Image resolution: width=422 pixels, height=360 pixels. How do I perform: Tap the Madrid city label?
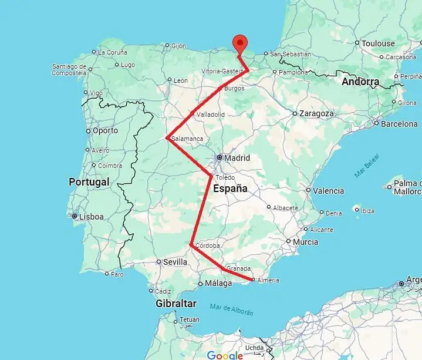237,158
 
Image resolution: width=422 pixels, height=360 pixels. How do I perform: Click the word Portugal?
89,182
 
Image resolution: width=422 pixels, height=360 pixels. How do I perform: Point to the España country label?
231,189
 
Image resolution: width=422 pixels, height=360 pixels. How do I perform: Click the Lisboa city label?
91,217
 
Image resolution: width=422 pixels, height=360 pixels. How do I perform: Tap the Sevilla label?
175,262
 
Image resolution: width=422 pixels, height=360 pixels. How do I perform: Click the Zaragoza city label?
316,113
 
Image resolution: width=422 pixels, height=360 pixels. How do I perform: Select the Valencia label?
328,191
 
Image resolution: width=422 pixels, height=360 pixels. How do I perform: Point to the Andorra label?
360,82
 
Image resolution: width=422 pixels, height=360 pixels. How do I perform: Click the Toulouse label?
378,43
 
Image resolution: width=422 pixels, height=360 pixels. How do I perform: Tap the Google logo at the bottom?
225,355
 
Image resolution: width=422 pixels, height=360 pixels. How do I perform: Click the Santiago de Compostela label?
77,69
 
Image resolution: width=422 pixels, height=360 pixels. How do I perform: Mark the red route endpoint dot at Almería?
252,280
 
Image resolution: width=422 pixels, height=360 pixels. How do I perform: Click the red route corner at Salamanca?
168,139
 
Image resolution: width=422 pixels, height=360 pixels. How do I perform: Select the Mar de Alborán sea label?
231,308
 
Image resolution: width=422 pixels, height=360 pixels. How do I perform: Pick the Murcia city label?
305,242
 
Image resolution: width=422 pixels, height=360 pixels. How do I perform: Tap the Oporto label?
105,130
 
